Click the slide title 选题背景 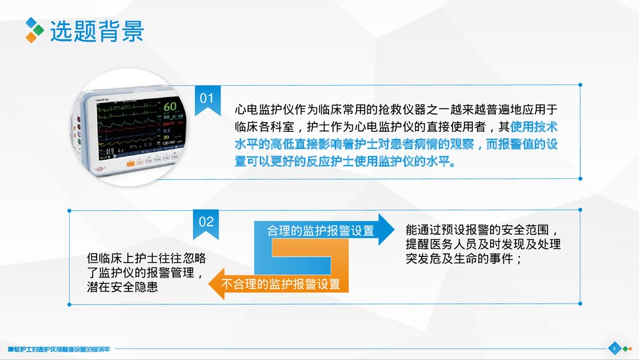[97, 30]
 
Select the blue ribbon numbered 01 [206, 100]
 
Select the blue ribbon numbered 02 [206, 223]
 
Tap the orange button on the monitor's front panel [132, 163]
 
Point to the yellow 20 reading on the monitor [167, 137]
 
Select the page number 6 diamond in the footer [614, 348]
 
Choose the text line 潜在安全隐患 [123, 288]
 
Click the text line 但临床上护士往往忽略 [147, 258]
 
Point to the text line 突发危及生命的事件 [465, 259]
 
